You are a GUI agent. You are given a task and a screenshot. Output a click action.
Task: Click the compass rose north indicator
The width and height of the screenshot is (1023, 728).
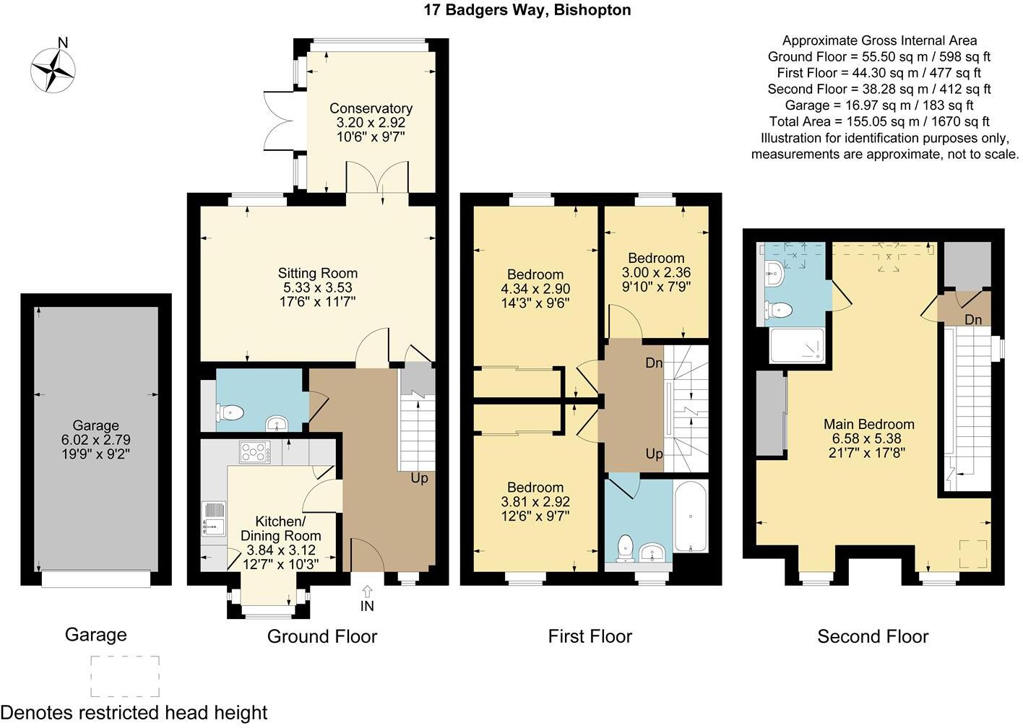pyautogui.click(x=53, y=69)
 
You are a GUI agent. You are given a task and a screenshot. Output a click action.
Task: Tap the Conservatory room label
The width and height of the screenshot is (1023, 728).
pyautogui.click(x=371, y=108)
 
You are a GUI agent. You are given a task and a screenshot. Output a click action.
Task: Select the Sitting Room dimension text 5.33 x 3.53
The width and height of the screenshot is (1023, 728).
pyautogui.click(x=317, y=287)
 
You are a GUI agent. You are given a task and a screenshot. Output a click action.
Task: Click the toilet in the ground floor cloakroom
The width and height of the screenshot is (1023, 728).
pyautogui.click(x=230, y=413)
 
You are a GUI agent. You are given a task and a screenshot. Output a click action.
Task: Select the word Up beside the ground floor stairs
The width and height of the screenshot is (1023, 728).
pyautogui.click(x=419, y=478)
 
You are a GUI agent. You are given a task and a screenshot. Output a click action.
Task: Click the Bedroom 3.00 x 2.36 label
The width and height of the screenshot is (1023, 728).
pyautogui.click(x=655, y=258)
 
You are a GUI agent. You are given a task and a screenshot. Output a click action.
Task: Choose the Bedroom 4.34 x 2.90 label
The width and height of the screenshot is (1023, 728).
pyautogui.click(x=535, y=274)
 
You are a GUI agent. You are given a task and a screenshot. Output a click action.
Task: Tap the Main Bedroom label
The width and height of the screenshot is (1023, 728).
pyautogui.click(x=868, y=424)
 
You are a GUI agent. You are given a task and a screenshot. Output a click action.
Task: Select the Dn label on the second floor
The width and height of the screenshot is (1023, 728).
pyautogui.click(x=972, y=320)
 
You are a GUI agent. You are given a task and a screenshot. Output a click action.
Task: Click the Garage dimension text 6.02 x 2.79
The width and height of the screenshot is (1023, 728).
pyautogui.click(x=95, y=440)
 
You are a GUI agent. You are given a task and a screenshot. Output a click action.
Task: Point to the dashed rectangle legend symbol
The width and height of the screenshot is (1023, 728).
pyautogui.click(x=125, y=675)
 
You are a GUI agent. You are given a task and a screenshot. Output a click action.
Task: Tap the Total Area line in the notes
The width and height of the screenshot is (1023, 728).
pyautogui.click(x=879, y=121)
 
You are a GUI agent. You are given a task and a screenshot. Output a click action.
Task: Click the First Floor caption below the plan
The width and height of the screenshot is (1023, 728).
pyautogui.click(x=590, y=636)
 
